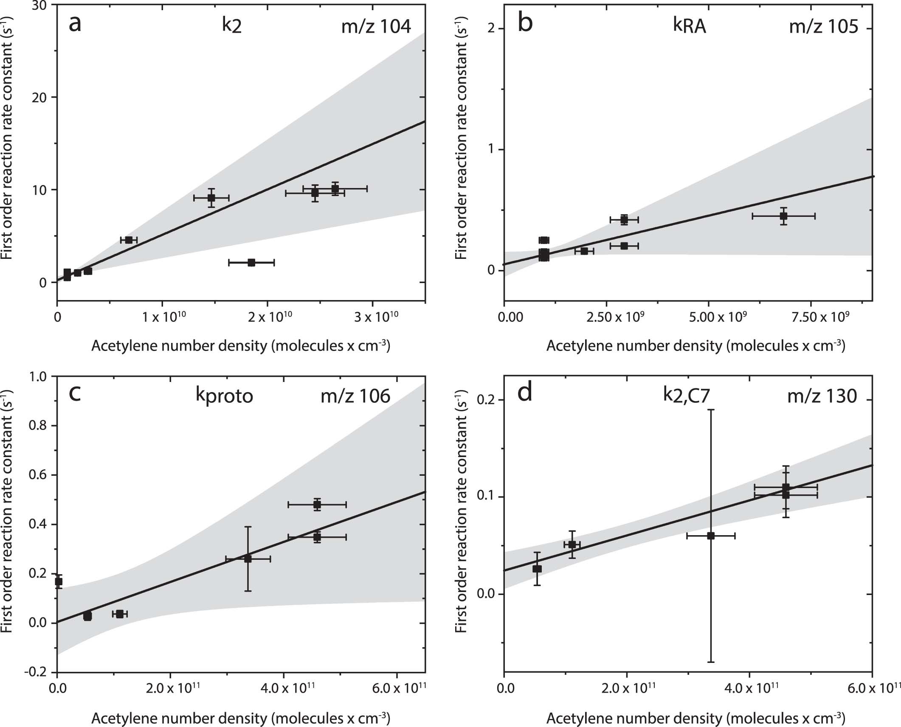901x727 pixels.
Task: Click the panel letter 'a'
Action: click(x=75, y=24)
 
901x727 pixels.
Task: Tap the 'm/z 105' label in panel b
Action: click(x=823, y=27)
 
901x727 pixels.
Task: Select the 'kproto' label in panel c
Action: click(x=224, y=396)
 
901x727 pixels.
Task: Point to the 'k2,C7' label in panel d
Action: click(x=686, y=396)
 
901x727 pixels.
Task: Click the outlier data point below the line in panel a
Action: click(x=251, y=263)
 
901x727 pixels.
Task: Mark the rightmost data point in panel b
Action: click(x=783, y=216)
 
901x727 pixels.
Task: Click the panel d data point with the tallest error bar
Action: click(x=711, y=536)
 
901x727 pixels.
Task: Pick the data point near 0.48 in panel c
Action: click(x=317, y=505)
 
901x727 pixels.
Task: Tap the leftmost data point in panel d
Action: click(x=537, y=569)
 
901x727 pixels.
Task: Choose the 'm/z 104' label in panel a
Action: click(x=376, y=27)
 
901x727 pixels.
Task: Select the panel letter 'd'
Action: click(x=525, y=393)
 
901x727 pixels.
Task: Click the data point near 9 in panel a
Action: click(x=211, y=198)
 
